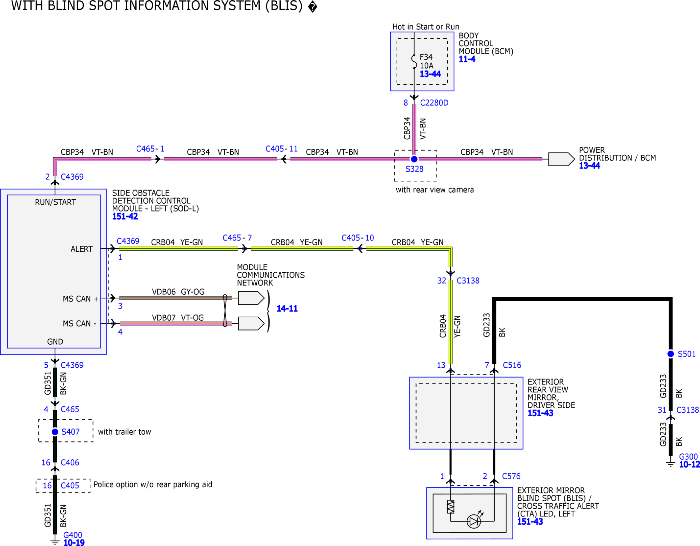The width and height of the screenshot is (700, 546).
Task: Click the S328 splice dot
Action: tap(414, 159)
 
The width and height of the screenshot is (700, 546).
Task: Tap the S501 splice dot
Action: tap(670, 354)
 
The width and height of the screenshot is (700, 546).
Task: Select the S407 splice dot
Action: tap(55, 432)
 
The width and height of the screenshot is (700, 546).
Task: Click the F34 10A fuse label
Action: tap(427, 61)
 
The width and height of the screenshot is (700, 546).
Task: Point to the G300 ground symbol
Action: tap(670, 464)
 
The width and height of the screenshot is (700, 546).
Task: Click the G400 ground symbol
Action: tap(55, 542)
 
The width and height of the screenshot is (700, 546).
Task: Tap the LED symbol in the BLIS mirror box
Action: tap(474, 521)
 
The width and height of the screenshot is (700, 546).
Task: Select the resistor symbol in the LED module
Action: tap(450, 507)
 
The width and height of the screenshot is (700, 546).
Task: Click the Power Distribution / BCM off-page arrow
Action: tap(561, 159)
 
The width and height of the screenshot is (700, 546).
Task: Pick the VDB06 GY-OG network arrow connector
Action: tap(251, 298)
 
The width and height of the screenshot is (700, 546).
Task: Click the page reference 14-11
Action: tap(287, 308)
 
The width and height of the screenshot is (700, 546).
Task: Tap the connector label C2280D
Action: tap(434, 103)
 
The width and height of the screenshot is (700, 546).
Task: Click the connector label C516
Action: tap(512, 365)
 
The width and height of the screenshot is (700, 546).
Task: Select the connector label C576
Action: tap(511, 476)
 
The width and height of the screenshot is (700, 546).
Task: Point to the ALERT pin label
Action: tap(82, 249)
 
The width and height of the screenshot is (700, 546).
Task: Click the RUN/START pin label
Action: tap(55, 202)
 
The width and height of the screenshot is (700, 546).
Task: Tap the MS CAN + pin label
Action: tap(81, 299)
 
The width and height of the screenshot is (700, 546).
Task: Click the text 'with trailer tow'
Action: tap(124, 432)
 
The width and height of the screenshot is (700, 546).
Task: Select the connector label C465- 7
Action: tap(237, 238)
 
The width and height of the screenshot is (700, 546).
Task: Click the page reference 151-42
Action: tap(125, 216)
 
